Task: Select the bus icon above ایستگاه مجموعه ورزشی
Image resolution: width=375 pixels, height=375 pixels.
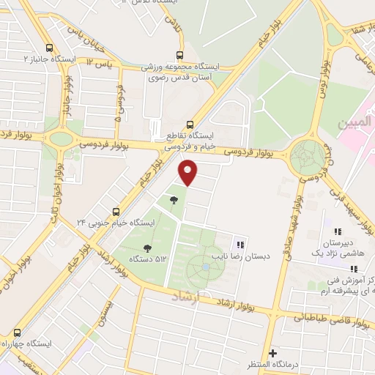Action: (x=179, y=55)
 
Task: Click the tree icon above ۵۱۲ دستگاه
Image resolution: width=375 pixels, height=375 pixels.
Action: (x=147, y=249)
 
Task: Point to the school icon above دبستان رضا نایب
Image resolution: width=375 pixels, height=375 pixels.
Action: (x=240, y=245)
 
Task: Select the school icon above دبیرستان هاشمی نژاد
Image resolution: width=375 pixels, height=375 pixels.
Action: (x=338, y=231)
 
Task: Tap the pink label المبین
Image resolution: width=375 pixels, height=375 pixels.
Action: (x=353, y=125)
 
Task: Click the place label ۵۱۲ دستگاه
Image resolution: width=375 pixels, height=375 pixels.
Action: (x=147, y=259)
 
